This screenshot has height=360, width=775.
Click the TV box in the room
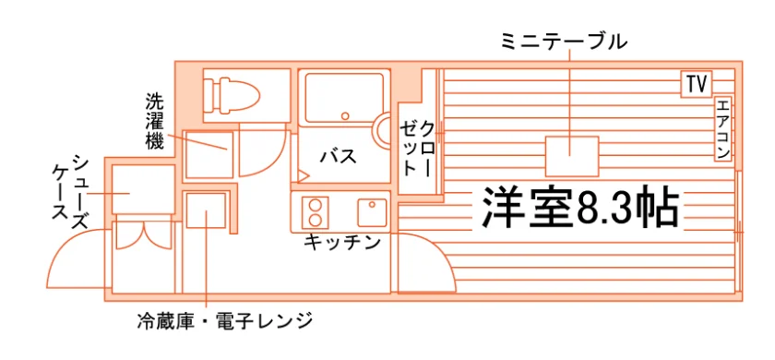click(696, 84)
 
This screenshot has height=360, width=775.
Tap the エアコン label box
click(722, 128)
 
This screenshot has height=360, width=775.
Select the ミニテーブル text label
click(564, 42)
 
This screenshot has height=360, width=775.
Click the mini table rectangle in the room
click(572, 156)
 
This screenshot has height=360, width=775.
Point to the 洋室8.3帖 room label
click(579, 207)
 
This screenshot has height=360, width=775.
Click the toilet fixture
click(233, 94)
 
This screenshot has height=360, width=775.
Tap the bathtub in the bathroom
click(344, 98)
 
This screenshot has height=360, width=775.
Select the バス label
click(339, 157)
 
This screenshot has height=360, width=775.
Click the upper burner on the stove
click(315, 204)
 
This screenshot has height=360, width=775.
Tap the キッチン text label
click(342, 242)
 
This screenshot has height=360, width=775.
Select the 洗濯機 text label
click(154, 121)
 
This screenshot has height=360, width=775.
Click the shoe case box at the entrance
click(143, 189)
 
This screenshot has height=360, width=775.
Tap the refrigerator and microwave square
click(206, 210)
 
